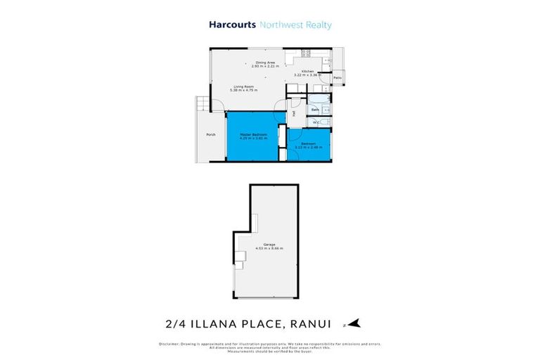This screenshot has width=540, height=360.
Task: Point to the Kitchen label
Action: coord(307,72)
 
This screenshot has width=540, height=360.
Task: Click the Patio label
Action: coord(337,77)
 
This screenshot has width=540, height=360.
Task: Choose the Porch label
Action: coord(210,134)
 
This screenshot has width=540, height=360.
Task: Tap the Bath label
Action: coord(316,110)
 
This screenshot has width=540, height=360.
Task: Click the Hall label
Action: coord(292,113)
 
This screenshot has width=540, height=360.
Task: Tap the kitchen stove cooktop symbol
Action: coord(307,53)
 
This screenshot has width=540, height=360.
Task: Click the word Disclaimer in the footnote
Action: coord(167,344)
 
